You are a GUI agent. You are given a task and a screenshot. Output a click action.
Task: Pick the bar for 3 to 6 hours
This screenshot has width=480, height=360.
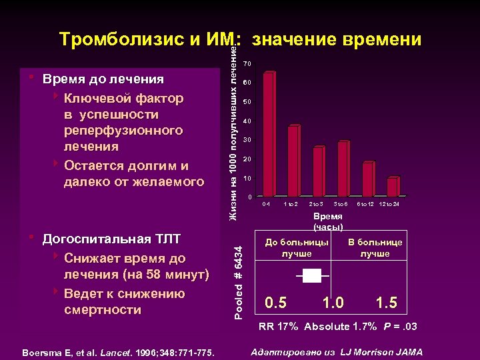click(343, 169)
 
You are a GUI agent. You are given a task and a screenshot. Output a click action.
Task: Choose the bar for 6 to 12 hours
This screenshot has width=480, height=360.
click(367, 179)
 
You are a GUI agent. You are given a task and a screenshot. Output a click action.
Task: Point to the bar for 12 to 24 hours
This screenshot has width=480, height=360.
click(392, 187)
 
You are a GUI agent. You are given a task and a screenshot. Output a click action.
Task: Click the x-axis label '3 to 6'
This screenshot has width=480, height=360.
click(341, 203)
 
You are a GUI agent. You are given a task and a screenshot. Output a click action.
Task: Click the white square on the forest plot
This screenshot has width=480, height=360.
click(311, 274)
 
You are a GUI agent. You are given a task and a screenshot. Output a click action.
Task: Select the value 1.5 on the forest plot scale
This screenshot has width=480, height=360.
click(386, 303)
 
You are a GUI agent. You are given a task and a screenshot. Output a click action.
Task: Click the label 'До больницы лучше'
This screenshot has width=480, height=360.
click(296, 248)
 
